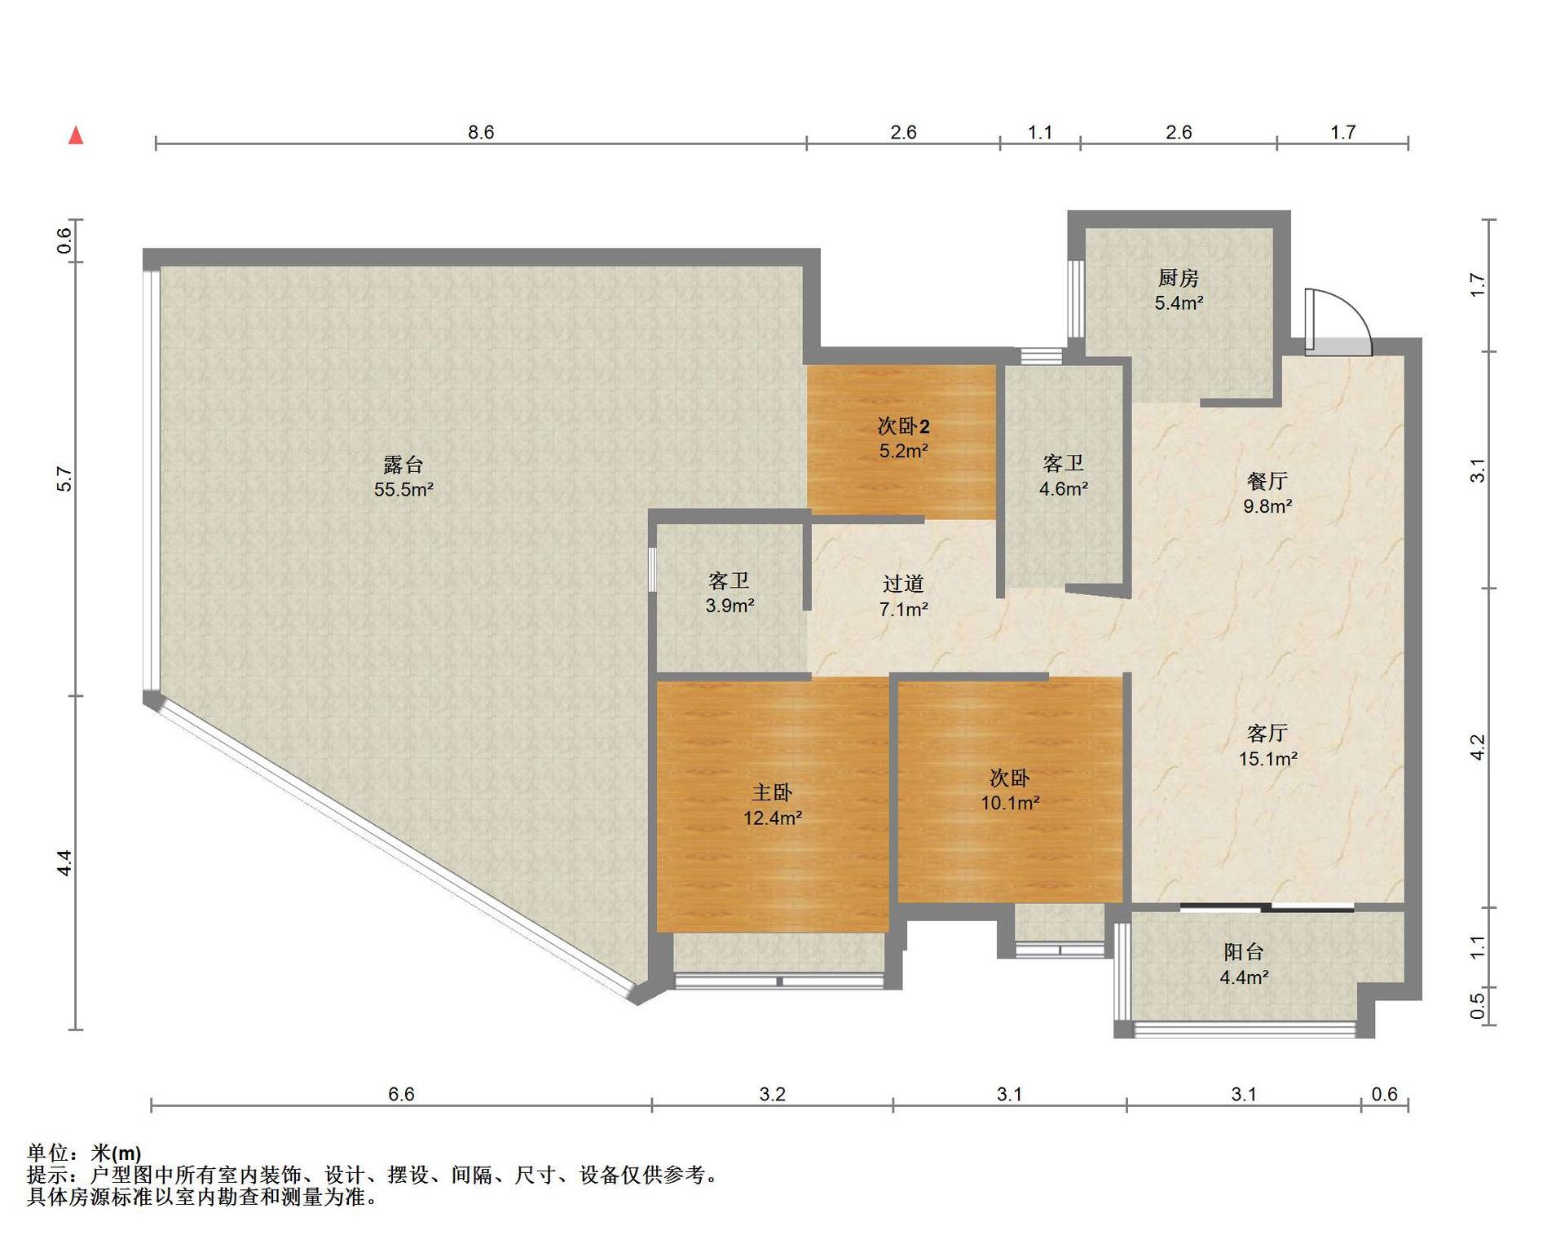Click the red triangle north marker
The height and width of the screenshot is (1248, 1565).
76,135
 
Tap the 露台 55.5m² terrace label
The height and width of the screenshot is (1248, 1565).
403,477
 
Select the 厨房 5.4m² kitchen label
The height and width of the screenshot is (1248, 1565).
1179,290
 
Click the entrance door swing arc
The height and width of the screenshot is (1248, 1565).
1353,311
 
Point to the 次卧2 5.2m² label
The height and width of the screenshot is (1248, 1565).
903,438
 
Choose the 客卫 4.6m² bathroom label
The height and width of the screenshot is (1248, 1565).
1063,476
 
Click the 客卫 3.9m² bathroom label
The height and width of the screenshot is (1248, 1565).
730,593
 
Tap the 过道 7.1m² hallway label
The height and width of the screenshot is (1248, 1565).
903,596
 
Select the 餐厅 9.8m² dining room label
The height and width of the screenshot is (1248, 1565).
1267,493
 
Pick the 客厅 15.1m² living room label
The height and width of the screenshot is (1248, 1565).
1267,746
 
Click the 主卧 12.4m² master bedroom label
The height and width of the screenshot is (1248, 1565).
772,805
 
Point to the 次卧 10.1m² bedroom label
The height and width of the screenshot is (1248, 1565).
1010,790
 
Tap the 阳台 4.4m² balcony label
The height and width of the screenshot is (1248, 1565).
1244,964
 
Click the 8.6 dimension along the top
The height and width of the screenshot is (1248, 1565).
481,132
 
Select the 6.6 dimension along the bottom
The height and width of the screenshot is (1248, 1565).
401,1094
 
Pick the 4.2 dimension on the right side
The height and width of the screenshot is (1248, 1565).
1478,747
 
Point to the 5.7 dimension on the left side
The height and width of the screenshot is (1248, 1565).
64,478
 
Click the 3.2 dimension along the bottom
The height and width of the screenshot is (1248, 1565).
772,1094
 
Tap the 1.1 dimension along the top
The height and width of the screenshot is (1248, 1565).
1040,132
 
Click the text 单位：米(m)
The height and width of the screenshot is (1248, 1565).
84,1153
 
